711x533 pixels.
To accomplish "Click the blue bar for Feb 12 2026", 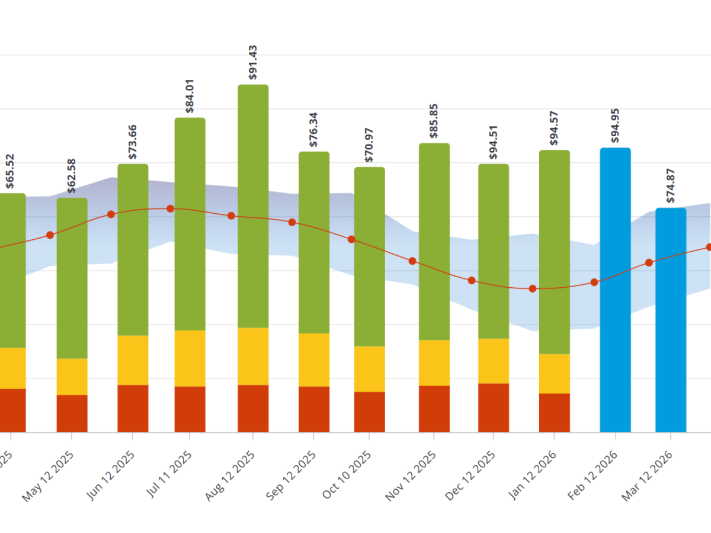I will click(x=615, y=290).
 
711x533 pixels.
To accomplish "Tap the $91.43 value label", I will click(x=253, y=62).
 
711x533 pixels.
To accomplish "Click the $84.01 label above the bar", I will click(x=190, y=95).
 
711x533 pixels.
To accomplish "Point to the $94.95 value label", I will click(x=615, y=126).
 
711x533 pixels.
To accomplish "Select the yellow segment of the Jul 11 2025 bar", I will click(x=190, y=358).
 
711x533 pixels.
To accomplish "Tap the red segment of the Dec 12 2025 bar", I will click(x=494, y=407).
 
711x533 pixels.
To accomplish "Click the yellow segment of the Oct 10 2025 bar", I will click(x=370, y=369).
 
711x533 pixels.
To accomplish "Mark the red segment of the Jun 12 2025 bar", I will click(x=133, y=409).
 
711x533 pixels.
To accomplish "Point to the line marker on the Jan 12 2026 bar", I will click(x=533, y=288).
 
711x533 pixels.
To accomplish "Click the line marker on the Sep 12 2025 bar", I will click(x=292, y=222).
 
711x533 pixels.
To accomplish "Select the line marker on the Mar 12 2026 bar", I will click(x=649, y=262).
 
